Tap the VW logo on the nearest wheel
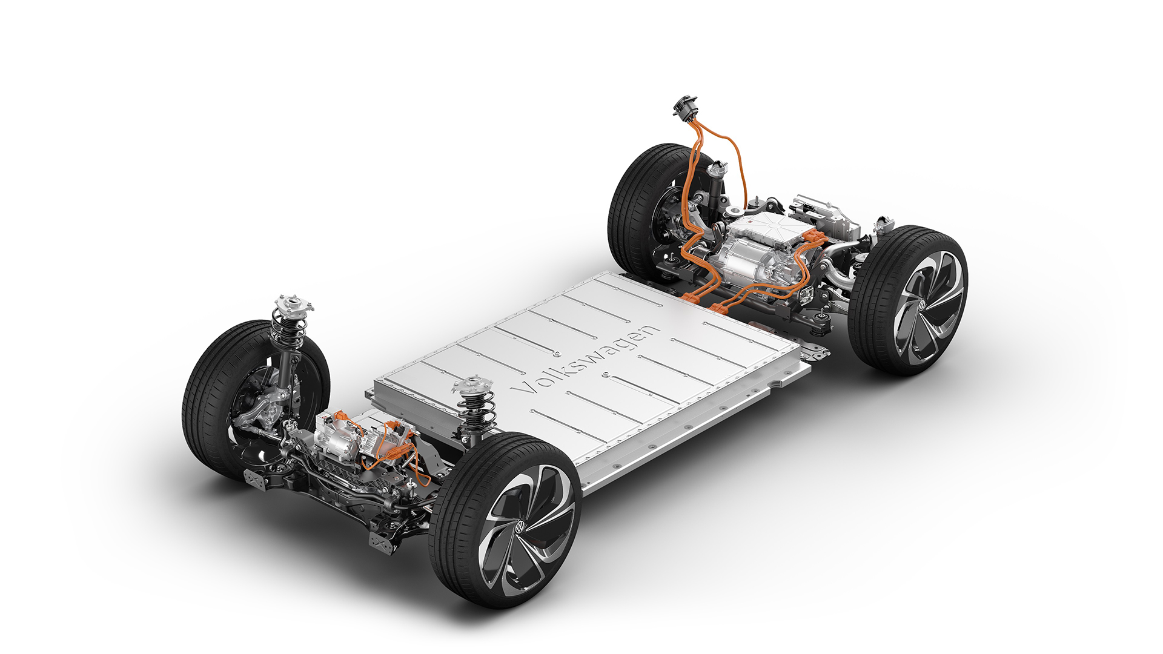point(520,527)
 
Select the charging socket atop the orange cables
point(685,107)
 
